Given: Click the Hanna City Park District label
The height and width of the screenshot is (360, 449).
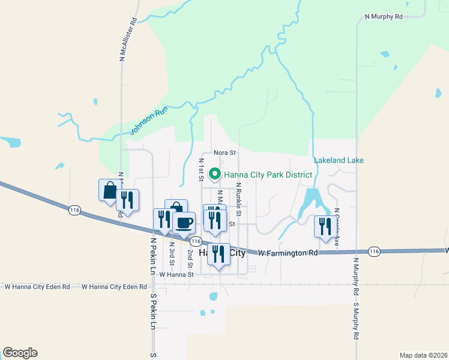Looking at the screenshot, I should [268, 175].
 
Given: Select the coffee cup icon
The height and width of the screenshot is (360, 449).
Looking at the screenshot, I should [184, 223].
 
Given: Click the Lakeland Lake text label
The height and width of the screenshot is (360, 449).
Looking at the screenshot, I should [339, 160].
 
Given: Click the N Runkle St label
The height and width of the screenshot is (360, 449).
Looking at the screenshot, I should [238, 199].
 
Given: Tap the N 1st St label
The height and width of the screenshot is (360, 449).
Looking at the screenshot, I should [202, 169].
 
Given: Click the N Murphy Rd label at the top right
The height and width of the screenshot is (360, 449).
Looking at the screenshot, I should [383, 17].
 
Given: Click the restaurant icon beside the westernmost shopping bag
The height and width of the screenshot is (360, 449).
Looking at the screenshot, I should [127, 200].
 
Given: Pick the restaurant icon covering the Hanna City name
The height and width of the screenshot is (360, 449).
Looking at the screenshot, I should [218, 254].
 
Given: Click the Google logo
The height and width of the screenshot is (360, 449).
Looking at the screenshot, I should [20, 353].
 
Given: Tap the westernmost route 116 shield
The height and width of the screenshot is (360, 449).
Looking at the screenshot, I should [74, 211].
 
